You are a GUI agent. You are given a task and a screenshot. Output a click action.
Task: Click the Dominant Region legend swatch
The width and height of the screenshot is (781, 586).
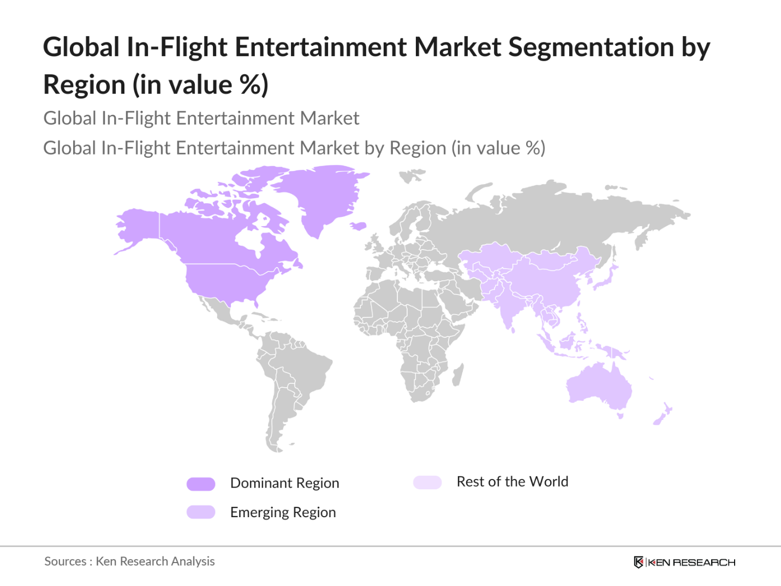click(201, 484)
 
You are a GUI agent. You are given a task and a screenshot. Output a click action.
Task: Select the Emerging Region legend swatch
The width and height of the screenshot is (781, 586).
click(201, 512)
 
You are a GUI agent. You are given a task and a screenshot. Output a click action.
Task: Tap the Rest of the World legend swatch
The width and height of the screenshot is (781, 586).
click(427, 482)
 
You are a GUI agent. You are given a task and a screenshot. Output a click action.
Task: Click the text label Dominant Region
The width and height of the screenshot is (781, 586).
click(284, 483)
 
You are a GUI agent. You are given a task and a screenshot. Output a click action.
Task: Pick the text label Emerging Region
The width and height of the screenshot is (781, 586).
click(283, 512)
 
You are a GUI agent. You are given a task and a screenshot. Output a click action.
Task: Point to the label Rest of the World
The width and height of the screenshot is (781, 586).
click(512, 482)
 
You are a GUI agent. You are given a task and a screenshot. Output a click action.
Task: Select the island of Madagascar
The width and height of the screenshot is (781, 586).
click(458, 375)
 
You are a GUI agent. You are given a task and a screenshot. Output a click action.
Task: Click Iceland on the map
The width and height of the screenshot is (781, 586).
click(357, 226)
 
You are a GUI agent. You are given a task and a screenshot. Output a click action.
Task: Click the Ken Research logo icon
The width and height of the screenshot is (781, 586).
click(638, 562)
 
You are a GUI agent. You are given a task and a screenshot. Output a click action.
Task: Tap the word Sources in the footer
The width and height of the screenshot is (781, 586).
click(65, 561)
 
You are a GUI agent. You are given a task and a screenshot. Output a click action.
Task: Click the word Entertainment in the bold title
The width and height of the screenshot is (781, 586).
click(321, 47)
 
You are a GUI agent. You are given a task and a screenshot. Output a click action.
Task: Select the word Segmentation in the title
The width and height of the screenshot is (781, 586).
click(591, 47)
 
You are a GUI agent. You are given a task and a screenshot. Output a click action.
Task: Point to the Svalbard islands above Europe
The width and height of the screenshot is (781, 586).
click(412, 175)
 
